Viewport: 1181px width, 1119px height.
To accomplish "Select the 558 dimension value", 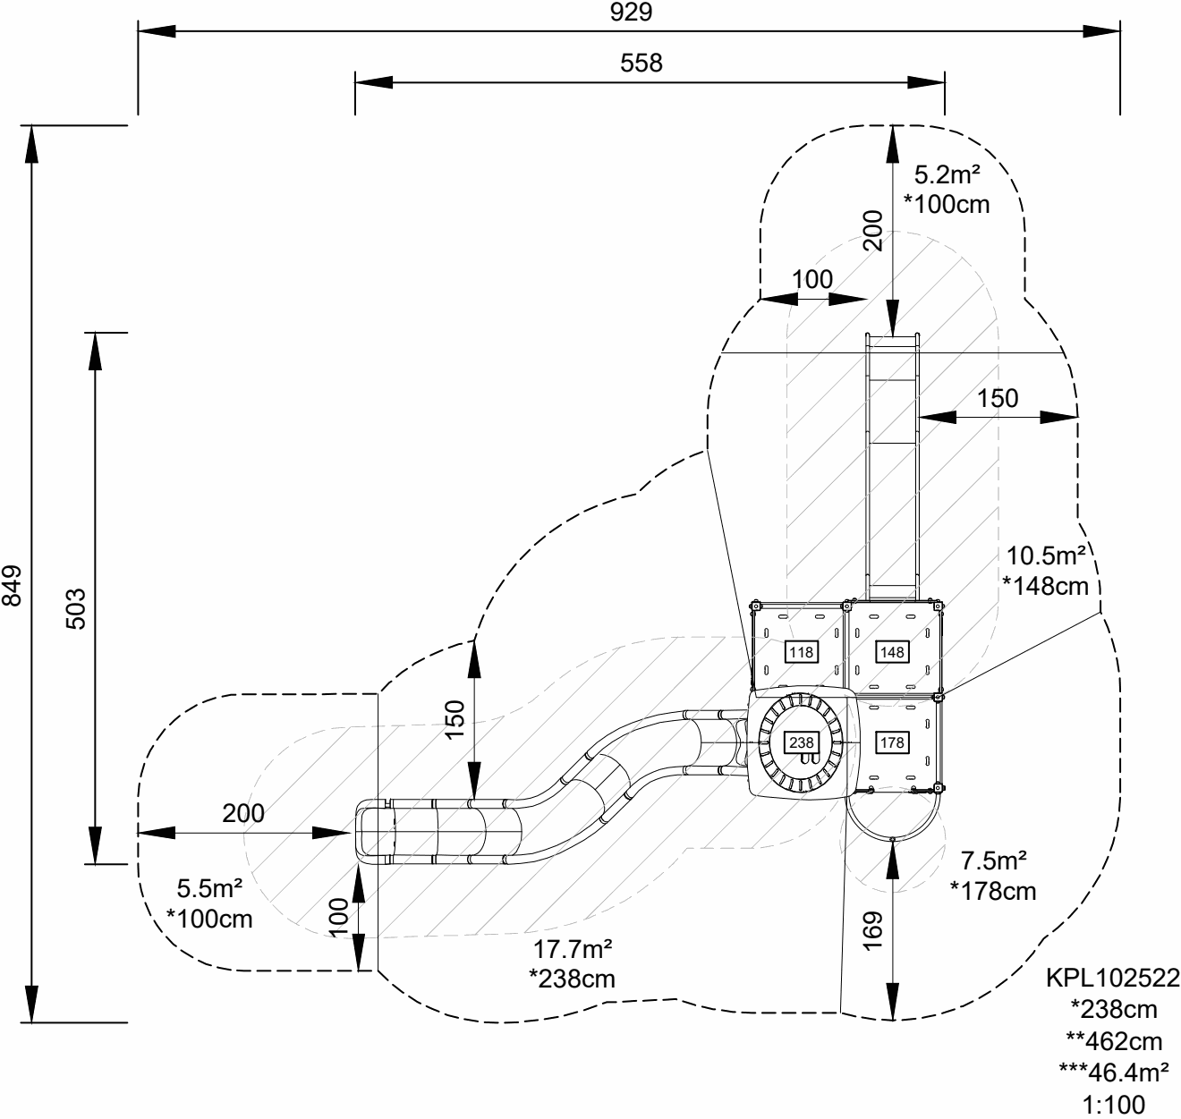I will pyautogui.click(x=641, y=63).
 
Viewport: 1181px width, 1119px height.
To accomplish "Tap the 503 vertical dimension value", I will pyautogui.click(x=76, y=608).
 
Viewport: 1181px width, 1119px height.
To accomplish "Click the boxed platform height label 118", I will pyautogui.click(x=800, y=652).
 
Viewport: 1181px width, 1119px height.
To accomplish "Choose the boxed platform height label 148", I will pyautogui.click(x=892, y=652).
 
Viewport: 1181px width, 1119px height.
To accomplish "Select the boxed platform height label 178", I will pyautogui.click(x=892, y=742).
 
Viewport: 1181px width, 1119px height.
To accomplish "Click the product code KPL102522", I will pyautogui.click(x=1113, y=978).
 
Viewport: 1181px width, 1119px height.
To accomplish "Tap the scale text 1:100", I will pyautogui.click(x=1113, y=1105).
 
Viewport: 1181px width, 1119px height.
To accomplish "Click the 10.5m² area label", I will pyautogui.click(x=1046, y=556).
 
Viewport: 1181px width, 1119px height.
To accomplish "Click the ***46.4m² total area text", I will pyautogui.click(x=1113, y=1072).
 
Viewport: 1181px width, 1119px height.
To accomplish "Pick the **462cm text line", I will pyautogui.click(x=1113, y=1041).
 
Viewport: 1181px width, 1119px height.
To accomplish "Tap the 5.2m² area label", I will pyautogui.click(x=947, y=174).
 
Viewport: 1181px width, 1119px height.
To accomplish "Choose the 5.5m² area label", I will pyautogui.click(x=209, y=889).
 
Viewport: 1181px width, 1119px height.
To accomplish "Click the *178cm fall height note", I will pyautogui.click(x=993, y=891).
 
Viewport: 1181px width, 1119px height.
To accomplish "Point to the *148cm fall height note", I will pyautogui.click(x=1046, y=587).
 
